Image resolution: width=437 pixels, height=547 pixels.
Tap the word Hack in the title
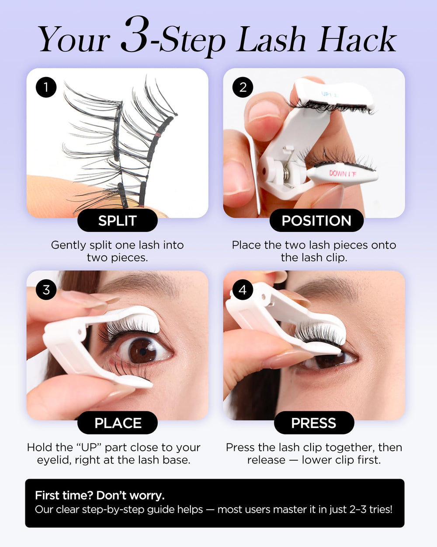pyautogui.click(x=357, y=39)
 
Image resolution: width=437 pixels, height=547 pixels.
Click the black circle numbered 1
pyautogui.click(x=46, y=87)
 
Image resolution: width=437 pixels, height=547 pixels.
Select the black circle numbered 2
pyautogui.click(x=243, y=87)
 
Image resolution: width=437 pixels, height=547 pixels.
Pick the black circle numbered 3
pyautogui.click(x=46, y=290)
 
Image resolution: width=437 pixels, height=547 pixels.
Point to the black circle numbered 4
pyautogui.click(x=243, y=290)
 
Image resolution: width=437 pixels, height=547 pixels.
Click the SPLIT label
pyautogui.click(x=117, y=221)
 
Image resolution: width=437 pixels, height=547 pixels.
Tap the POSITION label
pyautogui.click(x=316, y=221)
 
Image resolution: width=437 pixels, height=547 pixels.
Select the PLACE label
pyautogui.click(x=118, y=423)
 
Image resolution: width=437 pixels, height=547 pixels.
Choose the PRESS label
pyautogui.click(x=314, y=423)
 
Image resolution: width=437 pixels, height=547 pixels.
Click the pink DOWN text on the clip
pyautogui.click(x=338, y=173)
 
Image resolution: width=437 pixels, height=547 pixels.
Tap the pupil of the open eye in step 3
pyautogui.click(x=143, y=352)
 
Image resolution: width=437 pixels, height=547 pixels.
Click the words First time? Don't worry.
pyautogui.click(x=100, y=495)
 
